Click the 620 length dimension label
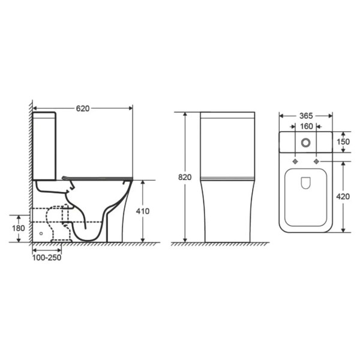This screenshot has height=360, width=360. [x=83, y=109]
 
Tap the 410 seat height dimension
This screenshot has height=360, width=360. [x=143, y=211]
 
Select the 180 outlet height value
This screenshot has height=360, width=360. [x=19, y=228]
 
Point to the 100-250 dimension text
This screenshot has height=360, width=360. [x=47, y=257]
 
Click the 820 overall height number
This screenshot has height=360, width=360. [x=185, y=177]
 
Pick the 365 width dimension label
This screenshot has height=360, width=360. [x=306, y=116]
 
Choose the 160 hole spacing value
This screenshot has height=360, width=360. [x=307, y=126]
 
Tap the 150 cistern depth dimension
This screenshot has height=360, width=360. [x=343, y=142]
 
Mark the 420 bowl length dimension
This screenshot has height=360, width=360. [x=343, y=197]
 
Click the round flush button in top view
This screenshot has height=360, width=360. [x=306, y=143]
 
